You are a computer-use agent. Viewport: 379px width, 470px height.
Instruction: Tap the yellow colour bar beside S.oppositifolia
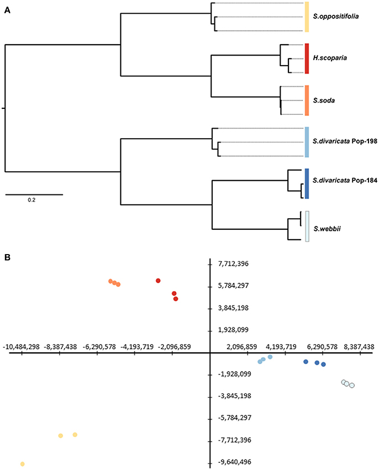307,17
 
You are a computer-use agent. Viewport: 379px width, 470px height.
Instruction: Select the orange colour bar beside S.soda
307,101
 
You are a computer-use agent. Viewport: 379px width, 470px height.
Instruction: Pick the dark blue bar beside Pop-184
307,183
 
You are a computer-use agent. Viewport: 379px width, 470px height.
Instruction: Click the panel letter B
7,257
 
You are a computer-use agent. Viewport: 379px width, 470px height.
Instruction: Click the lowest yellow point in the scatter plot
23,464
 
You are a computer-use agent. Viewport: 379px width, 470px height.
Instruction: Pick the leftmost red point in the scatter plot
158,281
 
